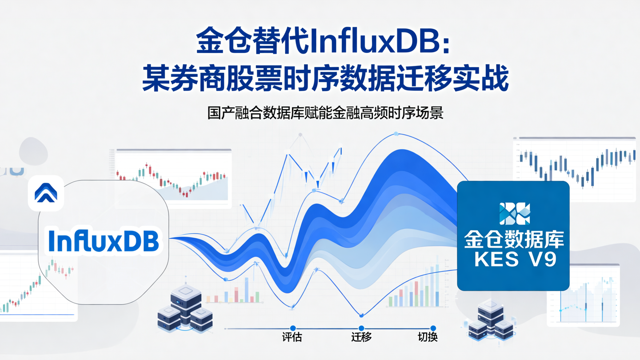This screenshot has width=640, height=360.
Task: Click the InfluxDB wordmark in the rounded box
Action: coord(104,240)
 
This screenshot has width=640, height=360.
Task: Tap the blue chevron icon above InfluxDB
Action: coord(46,193)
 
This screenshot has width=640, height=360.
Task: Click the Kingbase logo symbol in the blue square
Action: coord(514,213)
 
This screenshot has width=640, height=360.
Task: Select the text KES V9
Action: coord(515,260)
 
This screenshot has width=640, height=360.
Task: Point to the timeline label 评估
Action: coord(292,337)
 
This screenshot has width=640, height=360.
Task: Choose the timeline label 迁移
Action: coord(361,337)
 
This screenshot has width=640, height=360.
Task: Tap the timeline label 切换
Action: coord(428,337)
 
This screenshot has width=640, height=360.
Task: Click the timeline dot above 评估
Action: coord(292,328)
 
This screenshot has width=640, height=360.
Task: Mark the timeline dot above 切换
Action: coord(433,328)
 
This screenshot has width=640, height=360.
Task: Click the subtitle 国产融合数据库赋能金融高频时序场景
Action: coord(325,112)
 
